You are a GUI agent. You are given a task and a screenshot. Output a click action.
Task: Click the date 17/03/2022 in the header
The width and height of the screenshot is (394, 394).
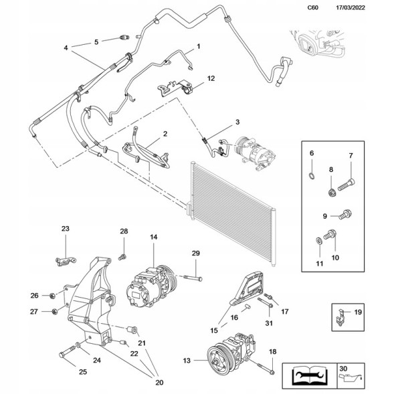click(x=351, y=7)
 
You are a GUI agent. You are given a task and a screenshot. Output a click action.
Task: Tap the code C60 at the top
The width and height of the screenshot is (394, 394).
click(x=312, y=7)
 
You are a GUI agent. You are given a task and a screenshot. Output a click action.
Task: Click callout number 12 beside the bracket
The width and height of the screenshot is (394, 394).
click(x=211, y=78)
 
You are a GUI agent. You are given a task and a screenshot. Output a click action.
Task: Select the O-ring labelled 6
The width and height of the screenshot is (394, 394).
click(x=312, y=176)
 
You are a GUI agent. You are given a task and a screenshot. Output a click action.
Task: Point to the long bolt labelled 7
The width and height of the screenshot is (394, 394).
click(x=347, y=185)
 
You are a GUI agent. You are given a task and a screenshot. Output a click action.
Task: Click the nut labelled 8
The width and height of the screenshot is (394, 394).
click(x=332, y=193)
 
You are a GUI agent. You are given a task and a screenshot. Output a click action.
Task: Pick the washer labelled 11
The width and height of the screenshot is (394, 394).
click(x=318, y=240)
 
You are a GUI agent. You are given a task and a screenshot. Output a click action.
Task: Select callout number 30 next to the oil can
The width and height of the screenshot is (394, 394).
click(x=343, y=369)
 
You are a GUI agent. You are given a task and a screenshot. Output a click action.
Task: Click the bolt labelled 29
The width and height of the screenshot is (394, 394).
click(x=193, y=278)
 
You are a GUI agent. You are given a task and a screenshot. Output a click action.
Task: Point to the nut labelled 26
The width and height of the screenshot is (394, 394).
click(x=53, y=296)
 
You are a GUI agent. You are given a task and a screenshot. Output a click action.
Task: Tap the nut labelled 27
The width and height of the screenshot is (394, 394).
click(x=54, y=312)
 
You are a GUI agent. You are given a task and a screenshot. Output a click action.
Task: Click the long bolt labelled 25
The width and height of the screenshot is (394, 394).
click(x=68, y=352)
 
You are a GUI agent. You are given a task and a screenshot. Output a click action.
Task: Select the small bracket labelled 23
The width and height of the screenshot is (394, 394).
click(x=66, y=261)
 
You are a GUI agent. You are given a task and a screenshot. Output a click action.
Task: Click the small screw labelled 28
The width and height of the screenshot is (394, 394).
click(x=122, y=257)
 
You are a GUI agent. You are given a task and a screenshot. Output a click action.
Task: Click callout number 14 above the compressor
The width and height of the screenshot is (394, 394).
click(x=154, y=237)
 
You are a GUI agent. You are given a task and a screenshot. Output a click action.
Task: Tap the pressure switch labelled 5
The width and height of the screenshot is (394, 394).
click(x=124, y=37)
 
